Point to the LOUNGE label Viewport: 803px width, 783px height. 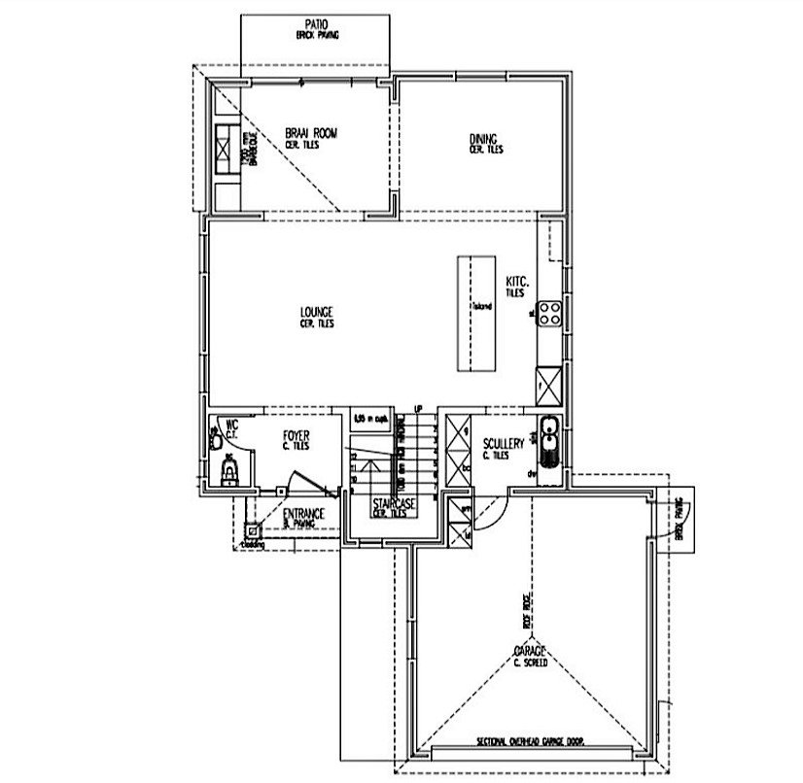(317, 313)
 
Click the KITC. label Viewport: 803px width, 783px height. (516, 283)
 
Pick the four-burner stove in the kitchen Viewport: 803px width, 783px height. (549, 313)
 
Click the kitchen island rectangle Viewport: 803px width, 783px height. (476, 313)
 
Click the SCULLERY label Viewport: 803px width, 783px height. (505, 445)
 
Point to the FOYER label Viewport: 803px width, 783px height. (296, 437)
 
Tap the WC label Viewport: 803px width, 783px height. (231, 426)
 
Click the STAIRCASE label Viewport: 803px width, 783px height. (394, 505)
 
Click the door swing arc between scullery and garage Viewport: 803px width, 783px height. (494, 509)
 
